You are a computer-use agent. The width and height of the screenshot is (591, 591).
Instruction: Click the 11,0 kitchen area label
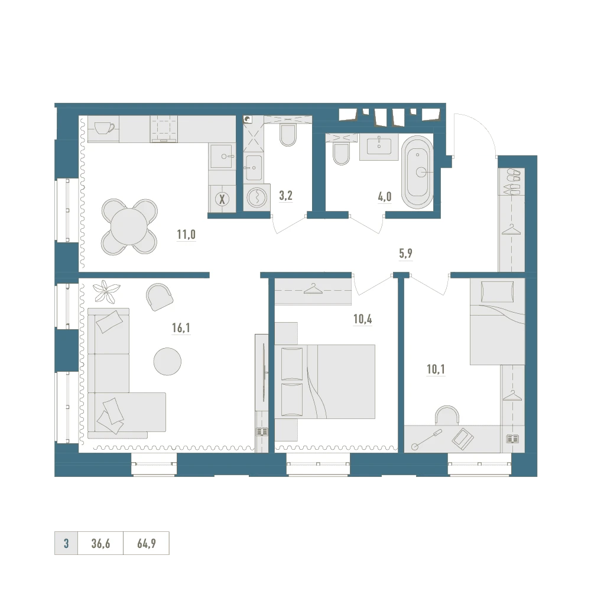coord(186,235)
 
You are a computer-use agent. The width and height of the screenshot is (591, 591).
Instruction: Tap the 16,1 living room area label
coord(181,328)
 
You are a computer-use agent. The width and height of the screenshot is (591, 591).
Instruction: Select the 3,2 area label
coord(285,196)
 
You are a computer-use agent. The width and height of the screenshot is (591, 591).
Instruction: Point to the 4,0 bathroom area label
coord(385,196)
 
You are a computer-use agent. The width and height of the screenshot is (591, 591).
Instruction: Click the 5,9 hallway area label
coord(405,254)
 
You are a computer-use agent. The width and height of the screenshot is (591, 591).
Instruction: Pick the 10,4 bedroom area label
coord(363,319)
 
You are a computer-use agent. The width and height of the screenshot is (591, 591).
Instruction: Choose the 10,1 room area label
coord(436,369)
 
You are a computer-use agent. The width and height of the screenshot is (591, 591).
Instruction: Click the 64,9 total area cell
coord(146,543)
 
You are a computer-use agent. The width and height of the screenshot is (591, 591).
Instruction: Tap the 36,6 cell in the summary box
coord(100,543)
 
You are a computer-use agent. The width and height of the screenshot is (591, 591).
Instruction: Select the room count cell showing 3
coord(66,543)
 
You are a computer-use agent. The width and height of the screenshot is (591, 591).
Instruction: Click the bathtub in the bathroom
coord(417,172)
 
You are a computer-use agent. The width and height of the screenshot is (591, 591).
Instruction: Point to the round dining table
coord(128,226)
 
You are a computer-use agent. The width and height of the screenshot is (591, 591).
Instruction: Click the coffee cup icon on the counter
coord(104,128)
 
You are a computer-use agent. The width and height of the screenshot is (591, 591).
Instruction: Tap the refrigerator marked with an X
coord(222,199)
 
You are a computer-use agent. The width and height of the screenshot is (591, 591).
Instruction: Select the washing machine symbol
coord(256,197)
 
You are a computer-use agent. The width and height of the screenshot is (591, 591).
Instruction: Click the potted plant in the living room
coord(106,291)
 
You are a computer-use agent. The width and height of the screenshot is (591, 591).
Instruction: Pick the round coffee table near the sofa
coord(167,361)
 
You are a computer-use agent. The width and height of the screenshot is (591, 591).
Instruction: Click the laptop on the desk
coord(463,439)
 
